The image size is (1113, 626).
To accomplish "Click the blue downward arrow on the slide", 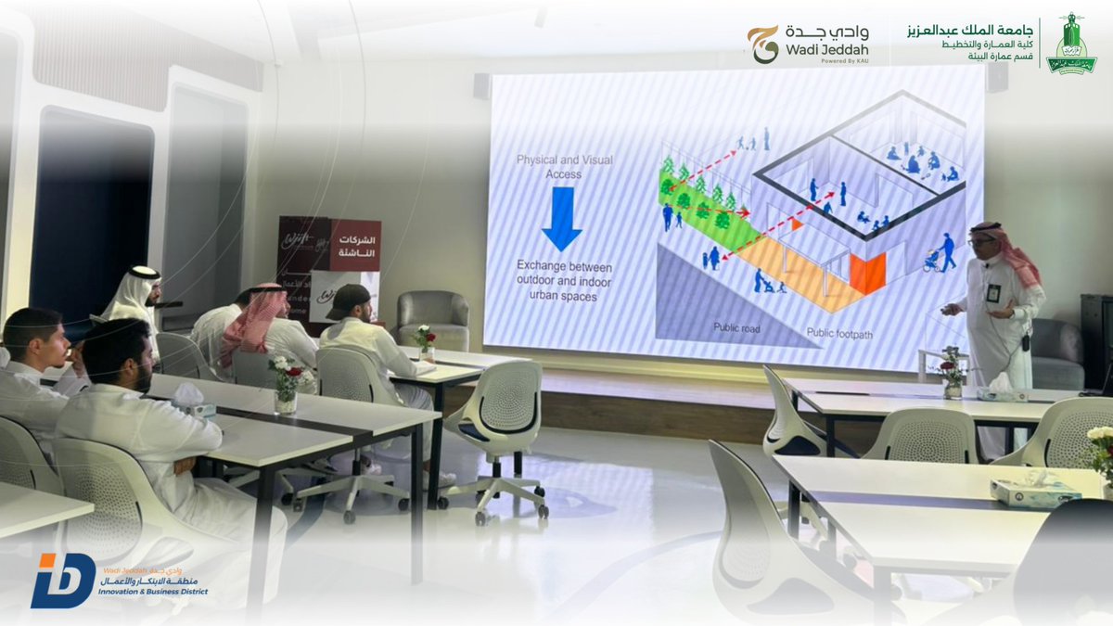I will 561,218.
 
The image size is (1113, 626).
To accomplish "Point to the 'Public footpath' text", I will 840,332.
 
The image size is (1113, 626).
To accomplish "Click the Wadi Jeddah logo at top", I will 807,44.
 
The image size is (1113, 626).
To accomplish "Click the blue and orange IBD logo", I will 62,581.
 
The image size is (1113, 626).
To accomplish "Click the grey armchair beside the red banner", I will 433,318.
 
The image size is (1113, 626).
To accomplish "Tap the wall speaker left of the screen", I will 482,86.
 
